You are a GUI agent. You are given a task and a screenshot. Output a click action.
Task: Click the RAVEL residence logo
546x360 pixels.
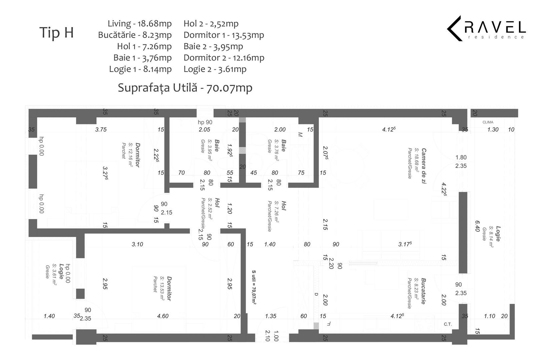[x=486, y=28]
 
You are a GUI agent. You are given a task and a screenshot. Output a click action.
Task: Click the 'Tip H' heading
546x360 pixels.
[x=56, y=33]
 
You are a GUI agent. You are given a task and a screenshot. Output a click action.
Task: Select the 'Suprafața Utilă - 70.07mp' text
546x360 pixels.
[x=185, y=88]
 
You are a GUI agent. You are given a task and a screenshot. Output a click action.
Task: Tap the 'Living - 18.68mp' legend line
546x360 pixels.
[x=139, y=24]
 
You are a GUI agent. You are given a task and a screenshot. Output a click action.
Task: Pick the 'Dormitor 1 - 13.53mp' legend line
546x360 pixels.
[x=223, y=35]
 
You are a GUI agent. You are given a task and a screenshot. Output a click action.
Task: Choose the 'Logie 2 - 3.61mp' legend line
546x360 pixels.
[x=215, y=69]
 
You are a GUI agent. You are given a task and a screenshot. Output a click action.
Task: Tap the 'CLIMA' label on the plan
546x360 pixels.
[x=488, y=122]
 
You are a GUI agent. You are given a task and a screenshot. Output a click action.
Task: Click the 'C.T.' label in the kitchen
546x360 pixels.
[x=448, y=324]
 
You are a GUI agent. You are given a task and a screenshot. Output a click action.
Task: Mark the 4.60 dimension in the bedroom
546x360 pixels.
[x=163, y=316]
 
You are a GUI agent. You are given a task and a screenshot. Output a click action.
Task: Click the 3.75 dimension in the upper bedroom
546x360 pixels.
[x=101, y=130]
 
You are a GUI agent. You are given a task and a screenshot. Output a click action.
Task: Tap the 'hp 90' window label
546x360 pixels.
[x=205, y=122]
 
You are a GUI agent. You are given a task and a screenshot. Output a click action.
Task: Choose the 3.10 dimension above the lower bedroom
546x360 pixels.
[x=137, y=244]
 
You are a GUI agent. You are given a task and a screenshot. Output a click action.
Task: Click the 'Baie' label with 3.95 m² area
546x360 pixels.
[x=216, y=146]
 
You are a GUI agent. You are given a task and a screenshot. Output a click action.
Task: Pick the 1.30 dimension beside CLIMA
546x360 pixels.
[x=493, y=130]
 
